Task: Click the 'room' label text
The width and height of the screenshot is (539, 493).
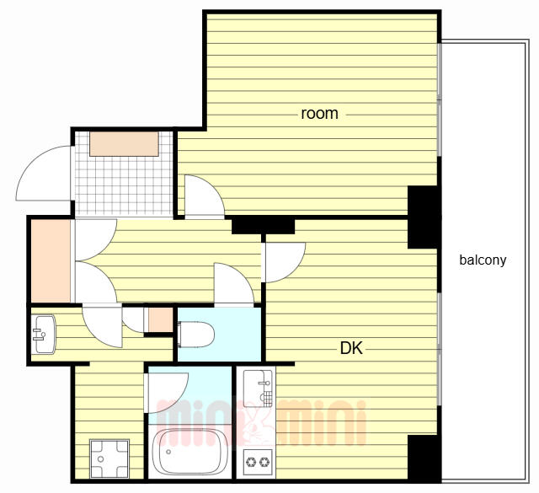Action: (x=319, y=114)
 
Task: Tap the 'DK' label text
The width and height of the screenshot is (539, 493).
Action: (x=351, y=348)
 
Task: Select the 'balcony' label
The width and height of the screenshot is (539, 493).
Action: (x=483, y=260)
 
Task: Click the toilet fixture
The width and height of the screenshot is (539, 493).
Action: (x=195, y=335)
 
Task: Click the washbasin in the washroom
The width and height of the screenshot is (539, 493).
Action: (x=44, y=334)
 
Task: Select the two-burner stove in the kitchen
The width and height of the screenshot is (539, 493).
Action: (x=258, y=462)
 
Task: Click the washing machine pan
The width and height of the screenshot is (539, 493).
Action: (x=109, y=458)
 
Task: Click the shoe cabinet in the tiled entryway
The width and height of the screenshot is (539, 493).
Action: (x=124, y=144)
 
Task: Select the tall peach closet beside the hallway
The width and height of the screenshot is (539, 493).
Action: (x=51, y=261)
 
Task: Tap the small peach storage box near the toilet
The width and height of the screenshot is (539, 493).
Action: (x=160, y=320)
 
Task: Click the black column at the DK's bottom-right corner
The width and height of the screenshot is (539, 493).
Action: (x=424, y=458)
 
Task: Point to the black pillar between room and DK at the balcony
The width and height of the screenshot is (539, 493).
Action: (x=424, y=217)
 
